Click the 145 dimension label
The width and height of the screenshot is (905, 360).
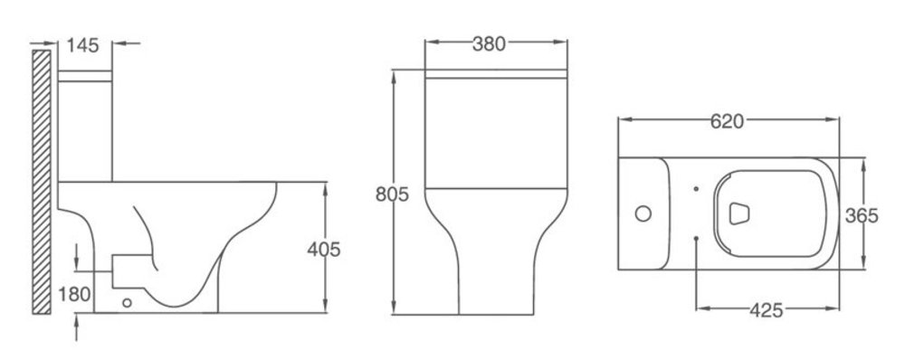(82, 45)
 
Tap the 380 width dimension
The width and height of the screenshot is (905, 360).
(489, 43)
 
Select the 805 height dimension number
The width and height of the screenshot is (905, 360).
(392, 194)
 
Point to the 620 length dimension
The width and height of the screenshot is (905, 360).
(727, 122)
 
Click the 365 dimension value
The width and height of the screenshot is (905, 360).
(862, 216)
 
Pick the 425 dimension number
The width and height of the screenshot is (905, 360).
(767, 310)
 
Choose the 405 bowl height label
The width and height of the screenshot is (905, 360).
(324, 250)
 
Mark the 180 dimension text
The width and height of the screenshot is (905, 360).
(74, 294)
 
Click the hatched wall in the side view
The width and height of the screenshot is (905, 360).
(42, 182)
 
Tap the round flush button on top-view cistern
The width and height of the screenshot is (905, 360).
(643, 213)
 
